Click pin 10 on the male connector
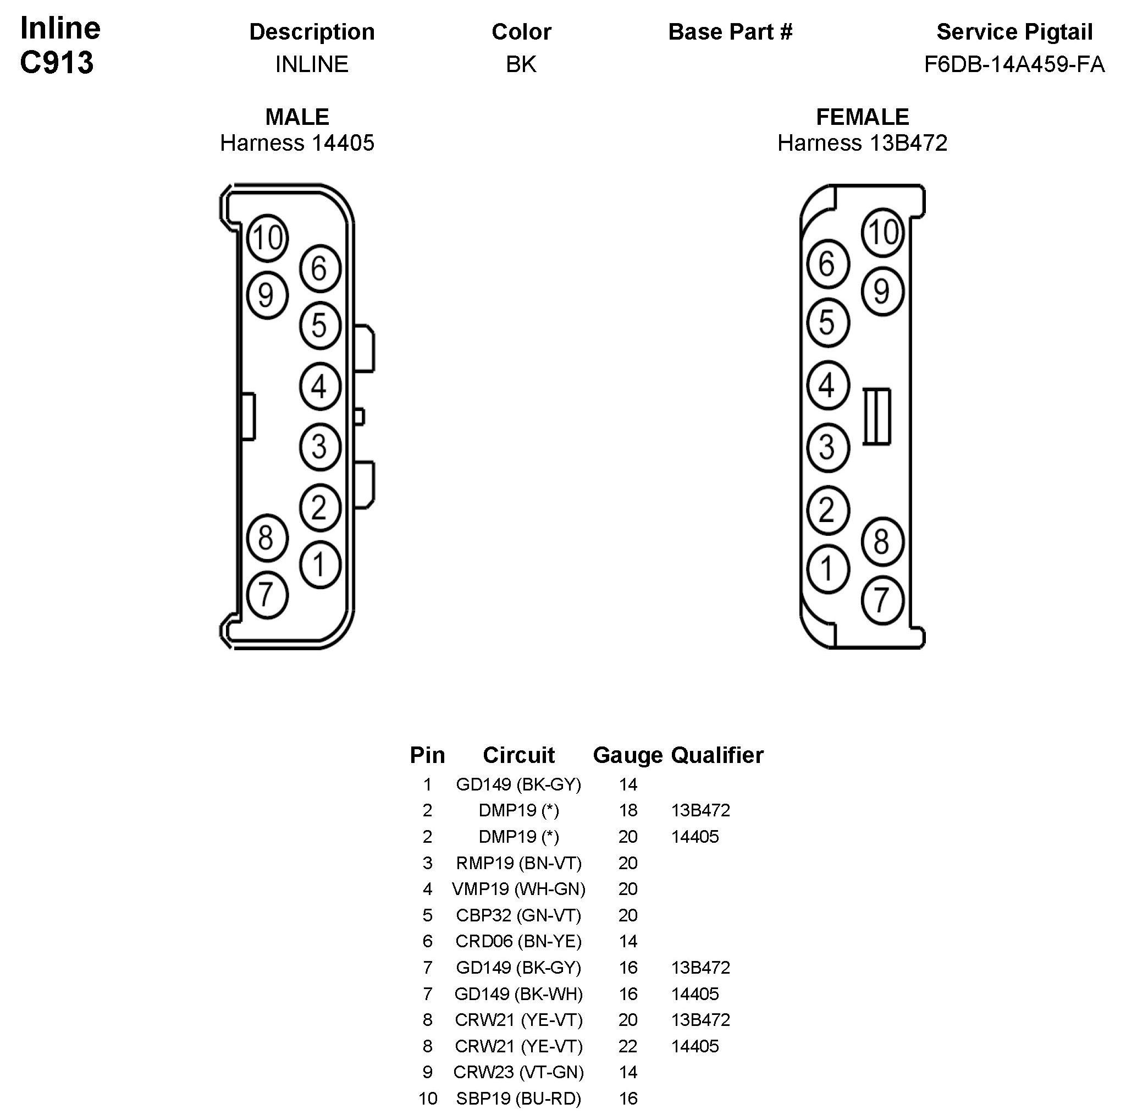click(x=268, y=238)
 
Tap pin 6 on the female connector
click(x=827, y=264)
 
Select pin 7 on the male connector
click(x=267, y=595)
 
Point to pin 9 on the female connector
click(x=882, y=292)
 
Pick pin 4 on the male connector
click(x=319, y=386)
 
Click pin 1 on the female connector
click(x=827, y=569)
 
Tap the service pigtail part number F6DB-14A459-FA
click(x=1014, y=64)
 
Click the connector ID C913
click(x=57, y=62)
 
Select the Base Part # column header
click(x=730, y=32)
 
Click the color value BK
click(x=521, y=64)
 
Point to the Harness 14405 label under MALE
click(x=297, y=143)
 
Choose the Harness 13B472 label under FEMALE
click(x=862, y=143)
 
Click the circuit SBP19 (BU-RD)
click(x=518, y=1099)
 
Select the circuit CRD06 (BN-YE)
click(x=518, y=941)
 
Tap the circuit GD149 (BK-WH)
click(x=518, y=993)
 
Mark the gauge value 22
click(x=628, y=1046)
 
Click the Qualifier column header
click(x=717, y=755)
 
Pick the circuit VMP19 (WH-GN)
click(x=518, y=888)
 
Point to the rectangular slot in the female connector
click(x=876, y=416)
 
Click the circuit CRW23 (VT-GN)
click(x=518, y=1072)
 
